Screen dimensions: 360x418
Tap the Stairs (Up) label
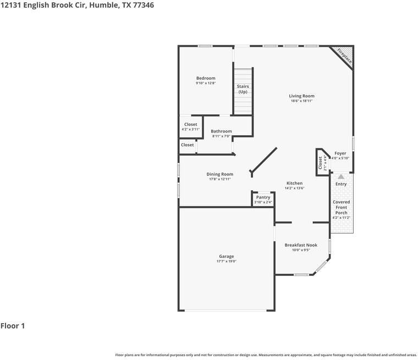click(243, 89)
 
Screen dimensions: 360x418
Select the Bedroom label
click(206, 78)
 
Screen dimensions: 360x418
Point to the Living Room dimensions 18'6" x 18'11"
click(301, 101)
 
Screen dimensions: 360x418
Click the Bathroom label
click(221, 131)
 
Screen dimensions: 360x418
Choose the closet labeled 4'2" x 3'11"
click(190, 127)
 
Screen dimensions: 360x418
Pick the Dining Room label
click(219, 174)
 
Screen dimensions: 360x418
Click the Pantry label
click(263, 197)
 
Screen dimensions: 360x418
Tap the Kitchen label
click(294, 183)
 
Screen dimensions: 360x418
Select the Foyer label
click(340, 153)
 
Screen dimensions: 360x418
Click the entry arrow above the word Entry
click(341, 177)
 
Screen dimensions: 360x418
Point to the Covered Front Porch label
click(341, 207)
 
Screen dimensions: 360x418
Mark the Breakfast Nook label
click(301, 245)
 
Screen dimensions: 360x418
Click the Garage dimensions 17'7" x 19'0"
click(226, 262)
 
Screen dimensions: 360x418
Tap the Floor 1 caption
click(13, 326)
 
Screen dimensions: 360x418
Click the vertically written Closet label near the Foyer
click(320, 163)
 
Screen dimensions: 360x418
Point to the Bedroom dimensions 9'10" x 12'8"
click(206, 84)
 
